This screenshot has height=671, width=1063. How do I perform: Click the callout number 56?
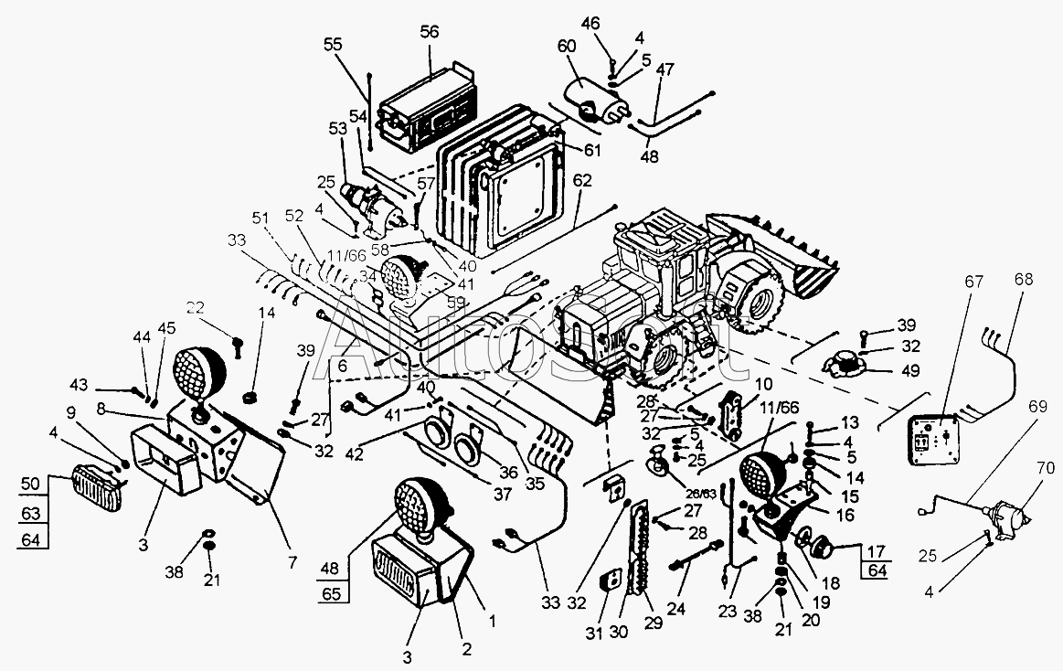[430, 30]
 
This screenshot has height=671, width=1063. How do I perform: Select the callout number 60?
[567, 46]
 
